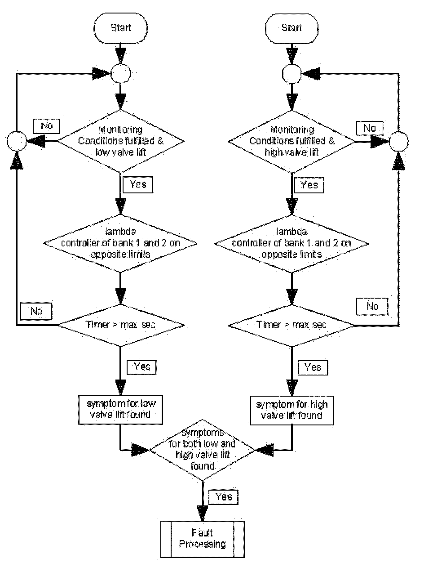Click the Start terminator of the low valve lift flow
pos(120,28)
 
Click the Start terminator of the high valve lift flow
pos(291,28)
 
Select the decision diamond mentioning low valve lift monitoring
pos(121,141)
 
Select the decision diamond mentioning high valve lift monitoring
pos(292,141)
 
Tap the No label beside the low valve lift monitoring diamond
pos(46,126)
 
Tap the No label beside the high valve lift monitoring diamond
pos(370,128)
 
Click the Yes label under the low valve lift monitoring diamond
pos(138,185)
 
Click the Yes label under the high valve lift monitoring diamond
pos(309,185)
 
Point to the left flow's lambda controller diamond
pos(120,243)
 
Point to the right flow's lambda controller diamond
pos(291,243)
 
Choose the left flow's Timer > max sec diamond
pos(121,325)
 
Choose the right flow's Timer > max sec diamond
pos(291,326)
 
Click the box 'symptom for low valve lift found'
pos(120,410)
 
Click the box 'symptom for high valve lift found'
pos(291,411)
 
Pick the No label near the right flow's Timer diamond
pos(372,306)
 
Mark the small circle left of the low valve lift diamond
pos(17,141)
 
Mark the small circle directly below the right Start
pos(291,74)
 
